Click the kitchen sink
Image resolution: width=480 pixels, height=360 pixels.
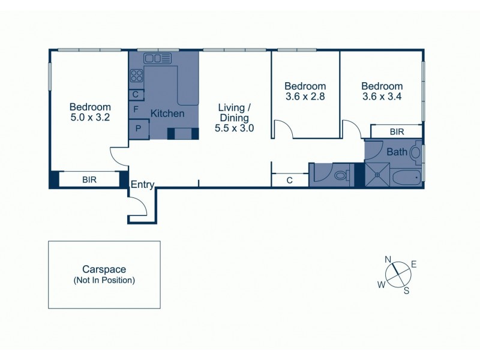pyautogui.click(x=157, y=58)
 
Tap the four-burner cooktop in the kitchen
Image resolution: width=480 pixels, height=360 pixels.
pyautogui.click(x=136, y=76)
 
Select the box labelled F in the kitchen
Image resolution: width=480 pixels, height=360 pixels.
pyautogui.click(x=136, y=109)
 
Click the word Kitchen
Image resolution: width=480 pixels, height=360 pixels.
pyautogui.click(x=167, y=113)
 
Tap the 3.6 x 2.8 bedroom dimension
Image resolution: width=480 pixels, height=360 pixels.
pyautogui.click(x=305, y=96)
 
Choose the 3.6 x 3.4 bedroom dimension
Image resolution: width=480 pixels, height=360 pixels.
pyautogui.click(x=382, y=96)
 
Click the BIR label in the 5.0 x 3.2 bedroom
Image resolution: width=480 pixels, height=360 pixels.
pyautogui.click(x=89, y=179)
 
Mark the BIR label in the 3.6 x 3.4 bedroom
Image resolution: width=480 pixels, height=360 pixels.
pyautogui.click(x=396, y=131)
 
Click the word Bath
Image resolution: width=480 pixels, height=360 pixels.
pyautogui.click(x=396, y=152)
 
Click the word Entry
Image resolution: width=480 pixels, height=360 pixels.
pyautogui.click(x=142, y=185)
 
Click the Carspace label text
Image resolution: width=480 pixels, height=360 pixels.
pyautogui.click(x=104, y=270)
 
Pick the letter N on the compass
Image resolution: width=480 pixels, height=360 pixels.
pyautogui.click(x=388, y=259)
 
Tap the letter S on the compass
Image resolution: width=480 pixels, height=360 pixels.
pyautogui.click(x=406, y=291)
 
